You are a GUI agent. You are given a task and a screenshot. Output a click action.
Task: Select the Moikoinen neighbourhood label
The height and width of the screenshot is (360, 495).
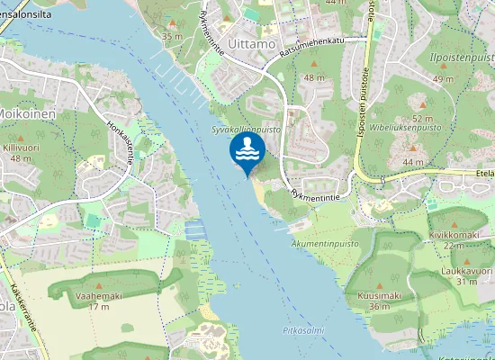[x=28, y=114]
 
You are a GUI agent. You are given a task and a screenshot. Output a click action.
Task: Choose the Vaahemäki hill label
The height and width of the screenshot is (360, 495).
[x=99, y=295]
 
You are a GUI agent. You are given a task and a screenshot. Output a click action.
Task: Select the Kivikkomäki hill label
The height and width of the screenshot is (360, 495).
[x=452, y=234]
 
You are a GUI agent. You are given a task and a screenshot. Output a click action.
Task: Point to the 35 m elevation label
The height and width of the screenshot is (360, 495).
[x=172, y=35]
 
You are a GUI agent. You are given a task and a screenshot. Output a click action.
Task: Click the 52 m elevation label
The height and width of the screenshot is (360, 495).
[x=423, y=118]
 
